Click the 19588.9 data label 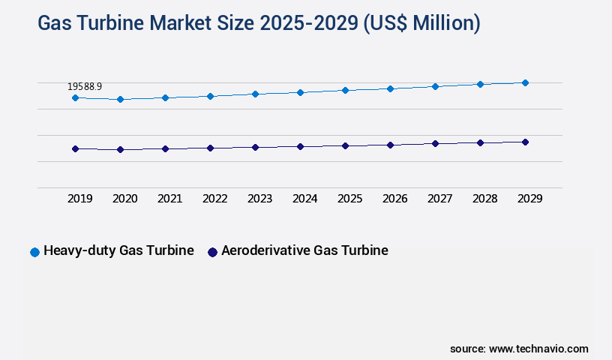point(85,87)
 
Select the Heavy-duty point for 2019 point(75,97)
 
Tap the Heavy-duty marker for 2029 point(525,82)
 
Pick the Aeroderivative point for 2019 point(75,148)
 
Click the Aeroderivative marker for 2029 point(525,142)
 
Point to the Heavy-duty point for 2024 point(300,92)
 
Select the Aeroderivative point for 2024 point(300,146)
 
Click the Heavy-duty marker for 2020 point(120,99)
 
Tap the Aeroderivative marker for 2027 point(435,143)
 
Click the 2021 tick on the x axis point(169,199)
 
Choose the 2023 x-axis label point(259,199)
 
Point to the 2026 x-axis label point(394,199)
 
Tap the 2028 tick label point(484,199)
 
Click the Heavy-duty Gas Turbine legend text point(118,250)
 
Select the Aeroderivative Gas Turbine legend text point(304,250)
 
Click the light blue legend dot point(34,252)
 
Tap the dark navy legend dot point(212,252)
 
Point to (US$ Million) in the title point(421,23)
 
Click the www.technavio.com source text point(538,349)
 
